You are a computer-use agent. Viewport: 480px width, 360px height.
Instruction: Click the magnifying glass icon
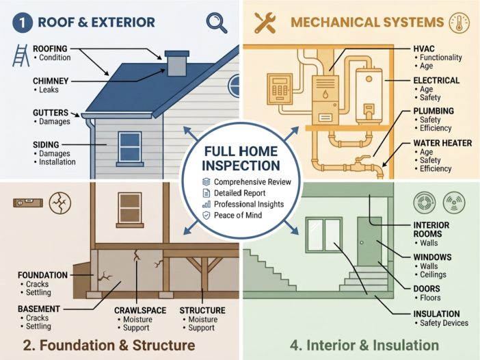[217, 23]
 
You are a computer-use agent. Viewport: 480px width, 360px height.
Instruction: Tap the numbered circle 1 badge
[23, 23]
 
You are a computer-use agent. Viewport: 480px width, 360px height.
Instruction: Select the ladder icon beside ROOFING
[21, 55]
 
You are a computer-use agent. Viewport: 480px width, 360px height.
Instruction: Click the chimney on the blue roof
[176, 64]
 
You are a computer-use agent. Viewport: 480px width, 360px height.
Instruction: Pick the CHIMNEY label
[51, 81]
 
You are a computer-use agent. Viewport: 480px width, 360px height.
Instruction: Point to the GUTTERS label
[51, 113]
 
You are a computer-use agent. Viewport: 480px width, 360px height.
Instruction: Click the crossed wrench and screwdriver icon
[265, 23]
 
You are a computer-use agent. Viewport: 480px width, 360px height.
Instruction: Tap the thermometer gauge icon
[459, 23]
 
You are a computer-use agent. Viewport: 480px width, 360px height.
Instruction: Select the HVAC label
[424, 49]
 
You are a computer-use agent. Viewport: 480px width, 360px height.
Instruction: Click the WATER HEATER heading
[442, 143]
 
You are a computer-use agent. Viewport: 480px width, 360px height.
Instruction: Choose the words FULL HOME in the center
[241, 151]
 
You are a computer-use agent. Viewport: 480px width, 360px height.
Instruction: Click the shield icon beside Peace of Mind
[206, 216]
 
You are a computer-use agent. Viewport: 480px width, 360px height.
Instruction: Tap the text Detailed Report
[240, 193]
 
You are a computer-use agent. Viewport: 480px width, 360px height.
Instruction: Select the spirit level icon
[28, 203]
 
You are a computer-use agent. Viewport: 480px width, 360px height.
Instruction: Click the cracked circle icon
[60, 203]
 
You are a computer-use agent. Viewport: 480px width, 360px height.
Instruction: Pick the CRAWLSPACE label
[140, 310]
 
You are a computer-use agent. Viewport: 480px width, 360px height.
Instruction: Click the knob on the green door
[362, 243]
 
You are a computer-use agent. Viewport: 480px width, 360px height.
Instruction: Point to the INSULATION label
[436, 314]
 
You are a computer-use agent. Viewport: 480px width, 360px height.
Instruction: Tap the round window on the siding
[234, 86]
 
